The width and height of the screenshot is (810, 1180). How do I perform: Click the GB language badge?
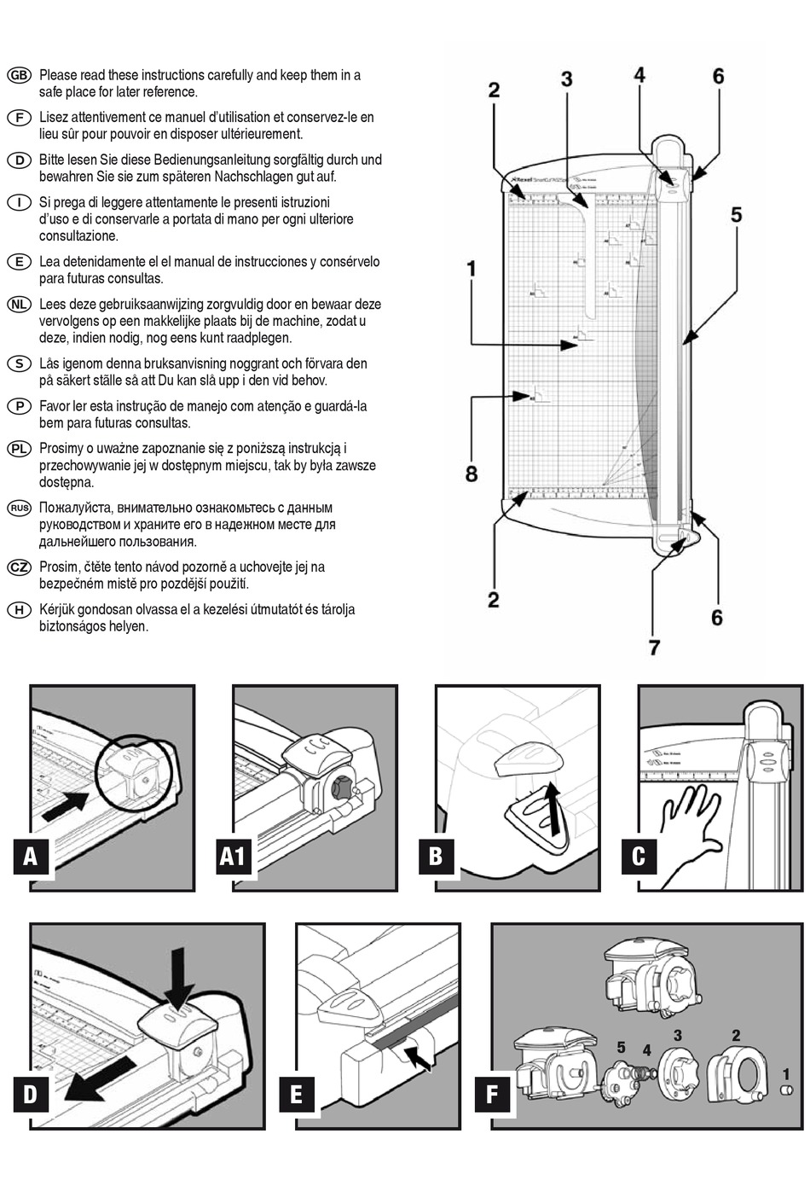[x=19, y=75]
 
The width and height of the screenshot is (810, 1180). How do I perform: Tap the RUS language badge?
[x=19, y=508]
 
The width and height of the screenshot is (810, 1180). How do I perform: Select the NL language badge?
[x=19, y=305]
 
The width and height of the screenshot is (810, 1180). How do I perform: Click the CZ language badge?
[x=19, y=567]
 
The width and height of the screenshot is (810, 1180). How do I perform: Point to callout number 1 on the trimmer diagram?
[x=472, y=269]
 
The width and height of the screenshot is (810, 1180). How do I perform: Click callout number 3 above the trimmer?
[x=566, y=79]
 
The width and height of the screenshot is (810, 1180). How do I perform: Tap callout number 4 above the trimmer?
[x=639, y=74]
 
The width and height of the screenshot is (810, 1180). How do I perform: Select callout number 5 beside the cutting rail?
[x=736, y=214]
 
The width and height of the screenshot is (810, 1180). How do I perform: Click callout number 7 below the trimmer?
[x=654, y=647]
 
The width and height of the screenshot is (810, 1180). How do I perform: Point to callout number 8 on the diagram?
[x=472, y=474]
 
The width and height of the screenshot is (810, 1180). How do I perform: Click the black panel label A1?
[x=233, y=856]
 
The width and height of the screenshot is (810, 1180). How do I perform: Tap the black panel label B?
[x=436, y=856]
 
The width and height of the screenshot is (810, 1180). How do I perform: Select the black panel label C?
[x=639, y=856]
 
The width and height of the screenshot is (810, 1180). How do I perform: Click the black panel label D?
[x=31, y=1094]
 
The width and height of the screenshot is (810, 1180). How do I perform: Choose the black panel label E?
[x=297, y=1094]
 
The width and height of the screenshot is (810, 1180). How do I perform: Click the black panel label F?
[x=492, y=1094]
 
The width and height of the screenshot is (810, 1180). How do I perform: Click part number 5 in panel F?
[x=621, y=1048]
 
